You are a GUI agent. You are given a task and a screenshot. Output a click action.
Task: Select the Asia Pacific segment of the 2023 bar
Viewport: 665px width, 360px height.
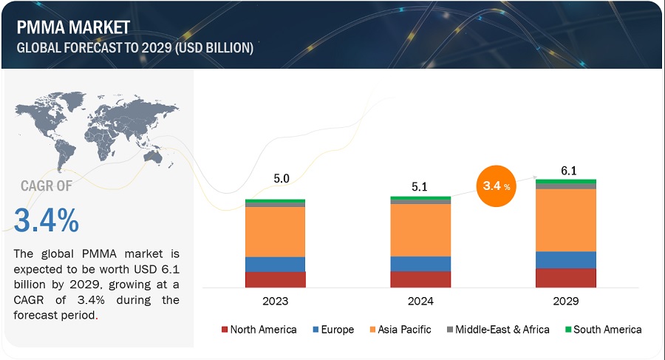(275, 231)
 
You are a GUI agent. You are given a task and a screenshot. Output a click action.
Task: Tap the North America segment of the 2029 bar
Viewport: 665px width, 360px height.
(566, 277)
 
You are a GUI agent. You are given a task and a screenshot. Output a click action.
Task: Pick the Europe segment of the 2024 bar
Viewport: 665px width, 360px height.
(420, 264)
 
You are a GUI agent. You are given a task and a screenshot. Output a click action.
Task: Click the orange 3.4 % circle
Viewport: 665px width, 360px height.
(494, 188)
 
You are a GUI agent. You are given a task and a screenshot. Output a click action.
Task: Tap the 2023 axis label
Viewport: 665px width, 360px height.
(275, 302)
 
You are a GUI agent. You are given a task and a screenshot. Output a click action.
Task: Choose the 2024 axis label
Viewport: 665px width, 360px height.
(420, 302)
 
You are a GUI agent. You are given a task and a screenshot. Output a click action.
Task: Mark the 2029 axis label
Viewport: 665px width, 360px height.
(566, 302)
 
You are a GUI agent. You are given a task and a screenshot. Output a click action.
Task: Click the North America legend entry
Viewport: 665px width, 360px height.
(259, 330)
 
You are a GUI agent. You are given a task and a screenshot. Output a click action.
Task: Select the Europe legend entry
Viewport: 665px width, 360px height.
(332, 330)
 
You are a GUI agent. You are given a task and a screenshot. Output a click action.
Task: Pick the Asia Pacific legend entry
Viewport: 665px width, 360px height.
(399, 330)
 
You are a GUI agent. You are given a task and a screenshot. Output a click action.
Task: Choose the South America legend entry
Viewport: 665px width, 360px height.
(602, 330)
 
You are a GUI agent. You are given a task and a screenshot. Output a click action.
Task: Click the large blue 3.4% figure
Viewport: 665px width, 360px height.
(46, 220)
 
